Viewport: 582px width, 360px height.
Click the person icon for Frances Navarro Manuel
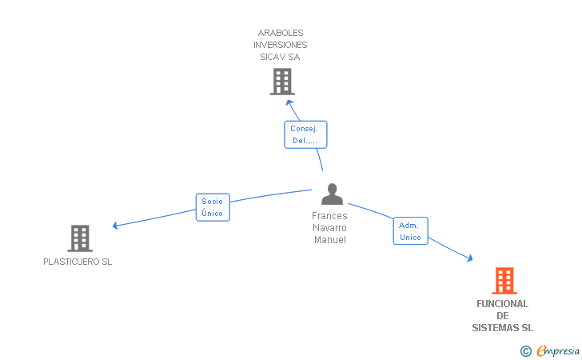332,194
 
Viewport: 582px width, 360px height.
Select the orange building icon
504,281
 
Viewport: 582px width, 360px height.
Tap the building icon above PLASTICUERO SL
80,238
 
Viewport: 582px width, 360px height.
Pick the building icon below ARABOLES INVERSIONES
282,82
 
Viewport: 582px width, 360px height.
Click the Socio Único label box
213,207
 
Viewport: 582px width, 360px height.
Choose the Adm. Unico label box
411,230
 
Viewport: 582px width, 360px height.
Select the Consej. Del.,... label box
305,134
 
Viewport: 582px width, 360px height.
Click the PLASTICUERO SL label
78,262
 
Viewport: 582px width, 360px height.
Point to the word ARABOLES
281,33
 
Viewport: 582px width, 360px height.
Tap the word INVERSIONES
281,45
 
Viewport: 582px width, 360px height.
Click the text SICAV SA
280,57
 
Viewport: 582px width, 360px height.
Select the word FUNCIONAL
503,304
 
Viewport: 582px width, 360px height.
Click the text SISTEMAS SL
503,328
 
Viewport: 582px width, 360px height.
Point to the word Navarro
329,228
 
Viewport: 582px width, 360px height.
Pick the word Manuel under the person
330,240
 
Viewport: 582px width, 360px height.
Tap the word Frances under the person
329,216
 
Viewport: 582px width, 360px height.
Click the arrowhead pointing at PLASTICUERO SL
115,226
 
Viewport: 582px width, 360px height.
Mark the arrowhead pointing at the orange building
470,258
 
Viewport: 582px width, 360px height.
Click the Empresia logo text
558,350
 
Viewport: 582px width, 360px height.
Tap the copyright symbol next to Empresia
526,351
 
